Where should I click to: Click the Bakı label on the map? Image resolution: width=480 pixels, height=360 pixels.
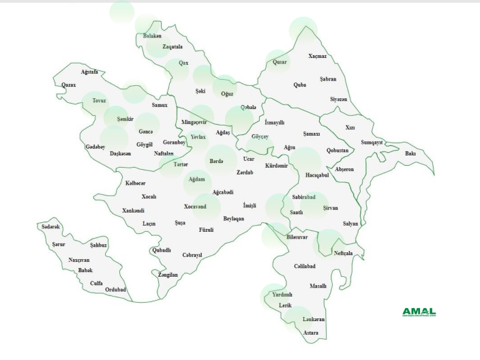[410, 153]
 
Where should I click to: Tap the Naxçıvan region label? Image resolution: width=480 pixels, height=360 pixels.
[79, 260]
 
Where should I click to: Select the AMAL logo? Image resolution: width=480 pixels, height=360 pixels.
[419, 312]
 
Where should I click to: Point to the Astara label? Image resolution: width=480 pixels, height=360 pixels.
[311, 333]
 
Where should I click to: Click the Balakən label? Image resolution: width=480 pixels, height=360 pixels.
[153, 36]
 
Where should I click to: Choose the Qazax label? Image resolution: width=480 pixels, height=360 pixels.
[68, 85]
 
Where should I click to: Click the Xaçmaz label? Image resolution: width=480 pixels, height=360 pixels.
[317, 56]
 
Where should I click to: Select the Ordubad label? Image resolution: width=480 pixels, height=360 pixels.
[115, 289]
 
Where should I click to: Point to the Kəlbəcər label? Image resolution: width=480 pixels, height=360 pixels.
[135, 183]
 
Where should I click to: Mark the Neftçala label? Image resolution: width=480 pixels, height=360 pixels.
[343, 253]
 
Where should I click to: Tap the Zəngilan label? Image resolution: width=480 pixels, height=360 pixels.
[168, 275]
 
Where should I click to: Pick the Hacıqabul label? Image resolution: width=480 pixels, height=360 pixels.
[317, 175]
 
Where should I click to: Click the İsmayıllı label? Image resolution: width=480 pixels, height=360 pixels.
[274, 122]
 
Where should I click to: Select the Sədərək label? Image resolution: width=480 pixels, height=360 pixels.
[51, 226]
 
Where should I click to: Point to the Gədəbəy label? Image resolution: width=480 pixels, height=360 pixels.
[95, 147]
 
